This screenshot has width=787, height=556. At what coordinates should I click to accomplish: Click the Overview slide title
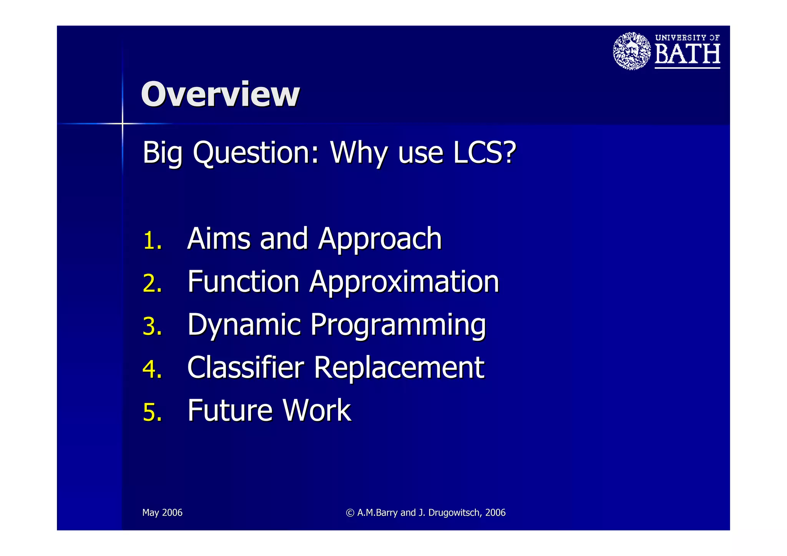pos(220,95)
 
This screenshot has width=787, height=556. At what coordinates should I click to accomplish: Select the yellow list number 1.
pos(152,241)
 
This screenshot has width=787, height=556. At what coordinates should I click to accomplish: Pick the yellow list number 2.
pos(152,284)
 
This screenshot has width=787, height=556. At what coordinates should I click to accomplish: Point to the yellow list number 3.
pos(152,327)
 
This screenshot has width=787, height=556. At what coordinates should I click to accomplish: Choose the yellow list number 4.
pos(152,369)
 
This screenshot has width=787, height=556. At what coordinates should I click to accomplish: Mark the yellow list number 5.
pos(152,412)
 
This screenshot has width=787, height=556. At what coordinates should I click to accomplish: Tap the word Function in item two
pos(243,282)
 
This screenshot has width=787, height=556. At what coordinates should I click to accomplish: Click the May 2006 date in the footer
pos(162,513)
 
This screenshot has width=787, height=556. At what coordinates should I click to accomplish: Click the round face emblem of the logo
pos(631,51)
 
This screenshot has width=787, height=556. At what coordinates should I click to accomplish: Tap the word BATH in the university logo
pos(687,54)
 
